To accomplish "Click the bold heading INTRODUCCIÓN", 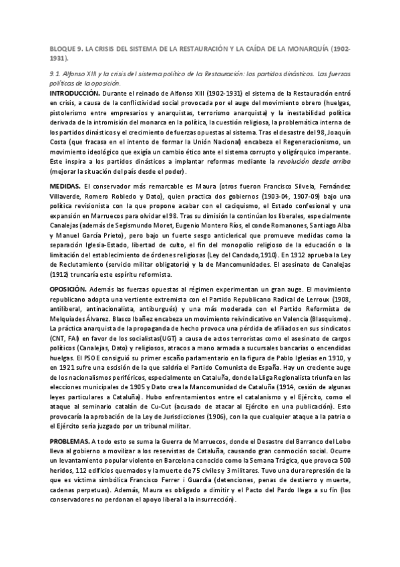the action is coord(75,93).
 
